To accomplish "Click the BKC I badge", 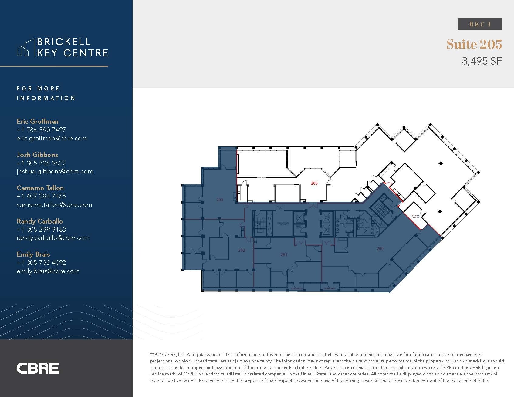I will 480,24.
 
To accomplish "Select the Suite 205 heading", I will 474,44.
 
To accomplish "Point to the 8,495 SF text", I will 482,61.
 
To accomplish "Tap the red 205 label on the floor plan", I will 314,183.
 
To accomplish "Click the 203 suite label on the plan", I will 220,200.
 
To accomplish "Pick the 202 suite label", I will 242,250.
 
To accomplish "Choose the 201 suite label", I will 284,254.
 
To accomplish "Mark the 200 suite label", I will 380,249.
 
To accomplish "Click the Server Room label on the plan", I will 416,217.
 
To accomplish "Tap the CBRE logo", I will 38,368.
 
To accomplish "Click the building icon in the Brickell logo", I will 25,48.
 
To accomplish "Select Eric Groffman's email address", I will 52,138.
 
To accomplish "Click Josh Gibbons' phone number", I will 41,163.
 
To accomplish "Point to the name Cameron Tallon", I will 40,188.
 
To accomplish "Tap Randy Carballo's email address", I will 53,238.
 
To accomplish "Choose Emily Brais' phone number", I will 41,263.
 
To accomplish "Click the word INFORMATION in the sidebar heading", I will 46,98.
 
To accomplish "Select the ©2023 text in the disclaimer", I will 157,355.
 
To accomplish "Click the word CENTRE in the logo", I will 86,53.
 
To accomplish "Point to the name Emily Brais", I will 33,254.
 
